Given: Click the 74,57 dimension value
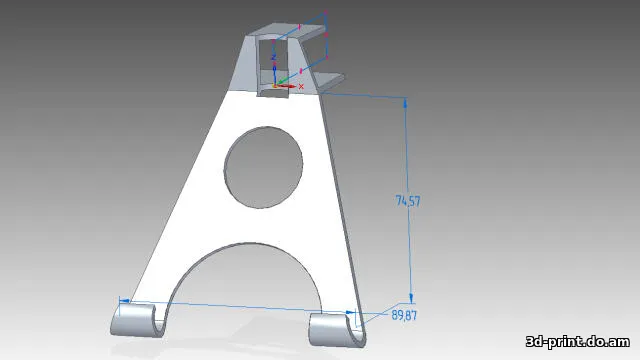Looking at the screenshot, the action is point(408,201).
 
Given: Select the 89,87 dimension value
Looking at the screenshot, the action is point(404,315).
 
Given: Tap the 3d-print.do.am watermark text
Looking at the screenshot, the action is point(578,341).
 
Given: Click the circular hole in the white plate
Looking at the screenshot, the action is point(263,167).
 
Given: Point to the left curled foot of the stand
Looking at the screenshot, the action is point(137,320).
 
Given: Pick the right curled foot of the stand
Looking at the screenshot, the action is point(336,330).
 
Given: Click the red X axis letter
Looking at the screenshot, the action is point(301,87).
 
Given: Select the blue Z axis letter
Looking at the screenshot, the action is point(274,57).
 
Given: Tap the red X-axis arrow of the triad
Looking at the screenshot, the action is point(286,86).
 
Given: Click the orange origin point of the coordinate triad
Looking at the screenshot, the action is point(275,86).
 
